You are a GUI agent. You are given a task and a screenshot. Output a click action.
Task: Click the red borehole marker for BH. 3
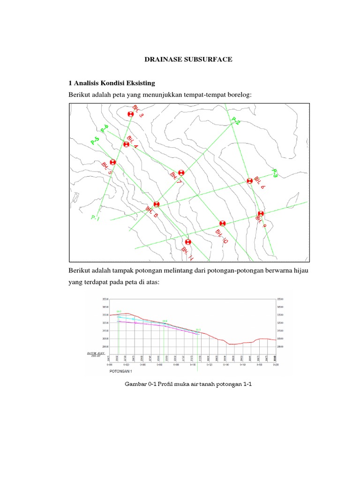point(131,114)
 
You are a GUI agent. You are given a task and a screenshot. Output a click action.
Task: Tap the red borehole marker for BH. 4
point(126,144)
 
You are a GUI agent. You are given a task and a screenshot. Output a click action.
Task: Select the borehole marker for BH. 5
point(112,162)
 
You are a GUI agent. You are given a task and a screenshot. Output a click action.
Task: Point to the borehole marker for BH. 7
point(181,172)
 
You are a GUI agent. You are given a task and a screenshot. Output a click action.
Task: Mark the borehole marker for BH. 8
point(157,204)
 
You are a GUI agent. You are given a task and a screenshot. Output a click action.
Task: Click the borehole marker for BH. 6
point(250,180)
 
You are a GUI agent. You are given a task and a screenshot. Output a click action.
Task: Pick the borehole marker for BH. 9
point(260,214)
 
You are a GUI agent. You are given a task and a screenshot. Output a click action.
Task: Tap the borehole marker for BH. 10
point(222,224)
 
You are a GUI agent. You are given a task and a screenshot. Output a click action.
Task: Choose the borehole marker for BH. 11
point(188,242)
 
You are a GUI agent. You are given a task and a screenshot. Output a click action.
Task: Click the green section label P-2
point(235,121)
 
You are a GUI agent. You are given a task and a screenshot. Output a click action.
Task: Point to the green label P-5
point(95,140)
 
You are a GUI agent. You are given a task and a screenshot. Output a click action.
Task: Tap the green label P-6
point(104,128)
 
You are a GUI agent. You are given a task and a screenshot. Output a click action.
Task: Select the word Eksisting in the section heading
point(138,83)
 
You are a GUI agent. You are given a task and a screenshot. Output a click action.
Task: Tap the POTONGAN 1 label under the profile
point(121,370)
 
